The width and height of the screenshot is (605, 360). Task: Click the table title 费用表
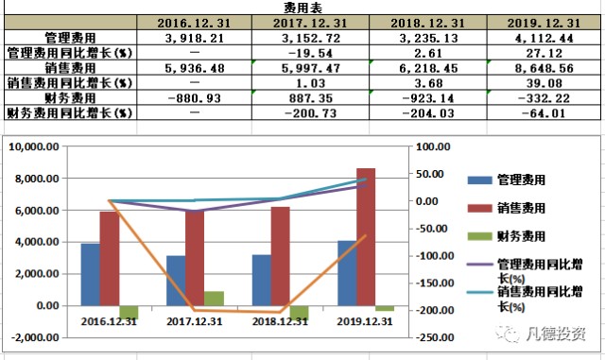pyautogui.click(x=302, y=7)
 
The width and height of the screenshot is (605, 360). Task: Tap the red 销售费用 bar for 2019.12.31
pyautogui.click(x=366, y=236)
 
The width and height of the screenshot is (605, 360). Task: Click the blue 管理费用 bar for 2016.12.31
pyautogui.click(x=90, y=274)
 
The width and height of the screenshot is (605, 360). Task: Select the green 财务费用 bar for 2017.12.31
pyautogui.click(x=215, y=298)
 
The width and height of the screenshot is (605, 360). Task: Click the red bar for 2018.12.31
pyautogui.click(x=280, y=255)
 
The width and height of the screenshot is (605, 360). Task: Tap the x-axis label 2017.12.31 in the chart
pyautogui.click(x=197, y=321)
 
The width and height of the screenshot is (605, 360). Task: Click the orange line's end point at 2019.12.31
pyautogui.click(x=366, y=235)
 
